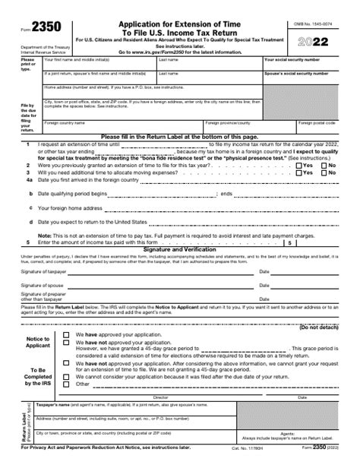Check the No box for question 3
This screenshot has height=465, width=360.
coord(324,172)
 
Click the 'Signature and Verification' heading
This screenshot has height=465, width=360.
coord(179,249)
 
